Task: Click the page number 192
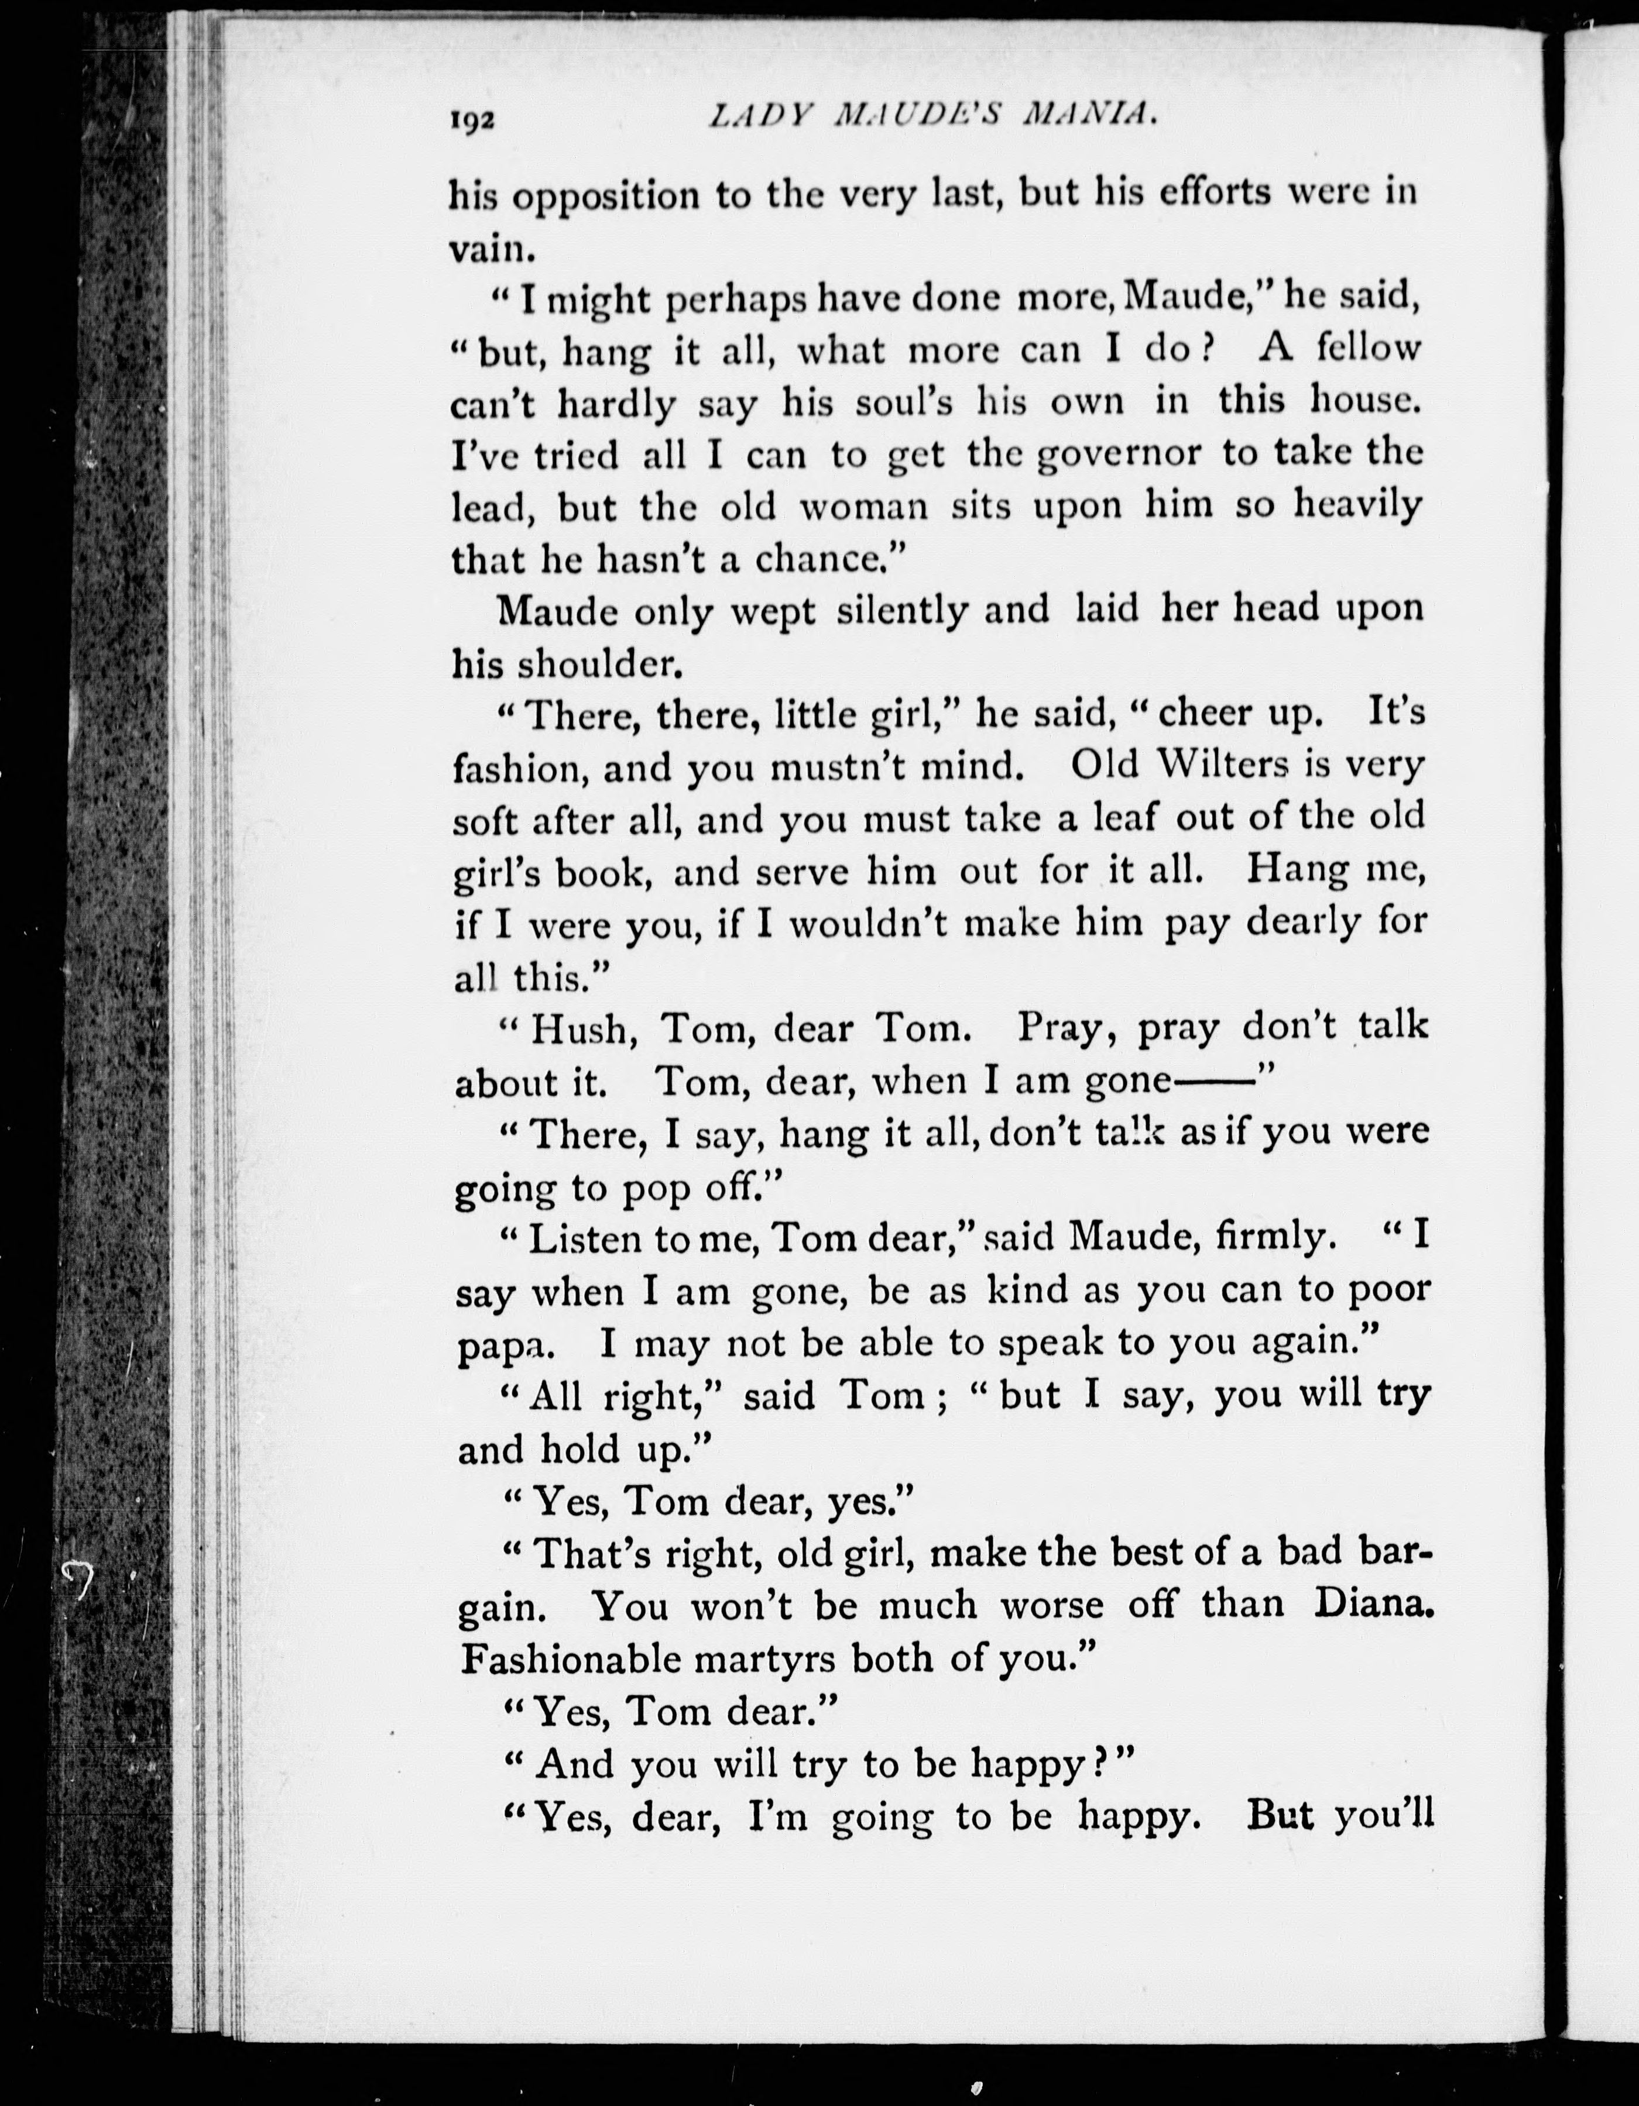pos(472,122)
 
